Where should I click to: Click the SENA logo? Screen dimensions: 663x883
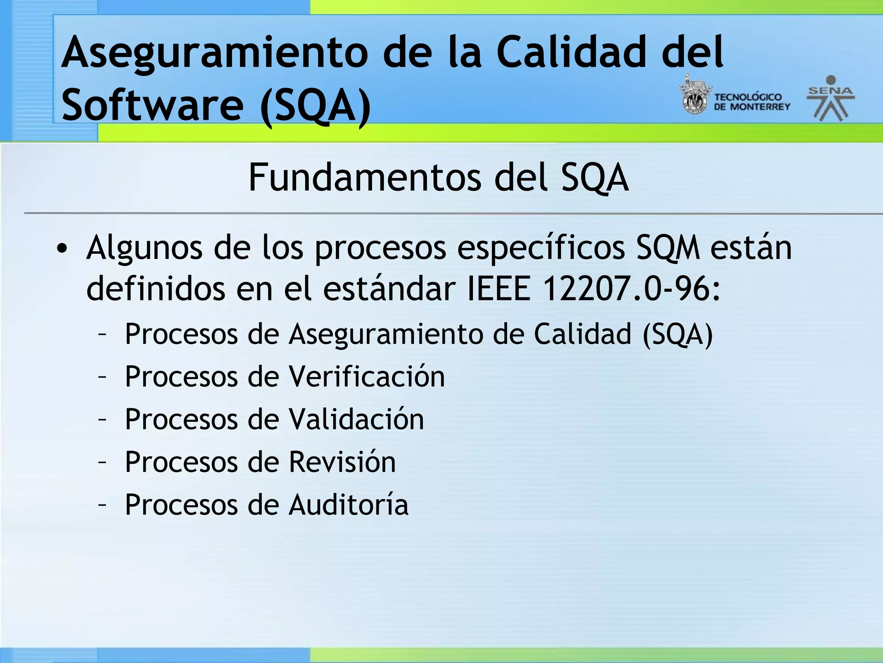coord(831,98)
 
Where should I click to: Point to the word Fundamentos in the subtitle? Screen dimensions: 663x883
coord(364,178)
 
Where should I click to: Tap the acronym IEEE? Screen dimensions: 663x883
coord(499,289)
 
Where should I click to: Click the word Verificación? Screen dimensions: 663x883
coord(366,377)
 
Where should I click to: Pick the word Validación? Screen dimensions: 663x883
coord(356,420)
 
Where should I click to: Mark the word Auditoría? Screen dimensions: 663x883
coord(348,505)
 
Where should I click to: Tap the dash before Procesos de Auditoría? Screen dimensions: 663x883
coord(102,505)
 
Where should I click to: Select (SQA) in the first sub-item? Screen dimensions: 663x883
coord(677,335)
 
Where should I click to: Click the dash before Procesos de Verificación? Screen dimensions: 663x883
coord(102,377)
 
